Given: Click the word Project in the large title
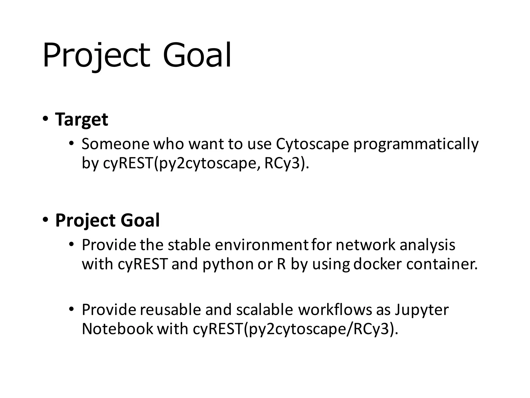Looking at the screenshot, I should tap(96, 56).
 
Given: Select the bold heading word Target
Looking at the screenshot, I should tap(82, 120).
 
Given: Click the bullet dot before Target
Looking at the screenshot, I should tap(46, 119).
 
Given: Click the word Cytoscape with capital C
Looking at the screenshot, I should tap(312, 144).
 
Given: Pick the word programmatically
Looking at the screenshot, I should tap(416, 144).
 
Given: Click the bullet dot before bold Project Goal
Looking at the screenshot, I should tap(46, 220).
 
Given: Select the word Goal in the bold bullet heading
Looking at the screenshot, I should tap(140, 221).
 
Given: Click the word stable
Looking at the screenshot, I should tap(189, 245).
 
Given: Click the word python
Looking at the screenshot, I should tap(228, 264).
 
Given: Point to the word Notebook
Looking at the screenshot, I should tap(117, 329).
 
